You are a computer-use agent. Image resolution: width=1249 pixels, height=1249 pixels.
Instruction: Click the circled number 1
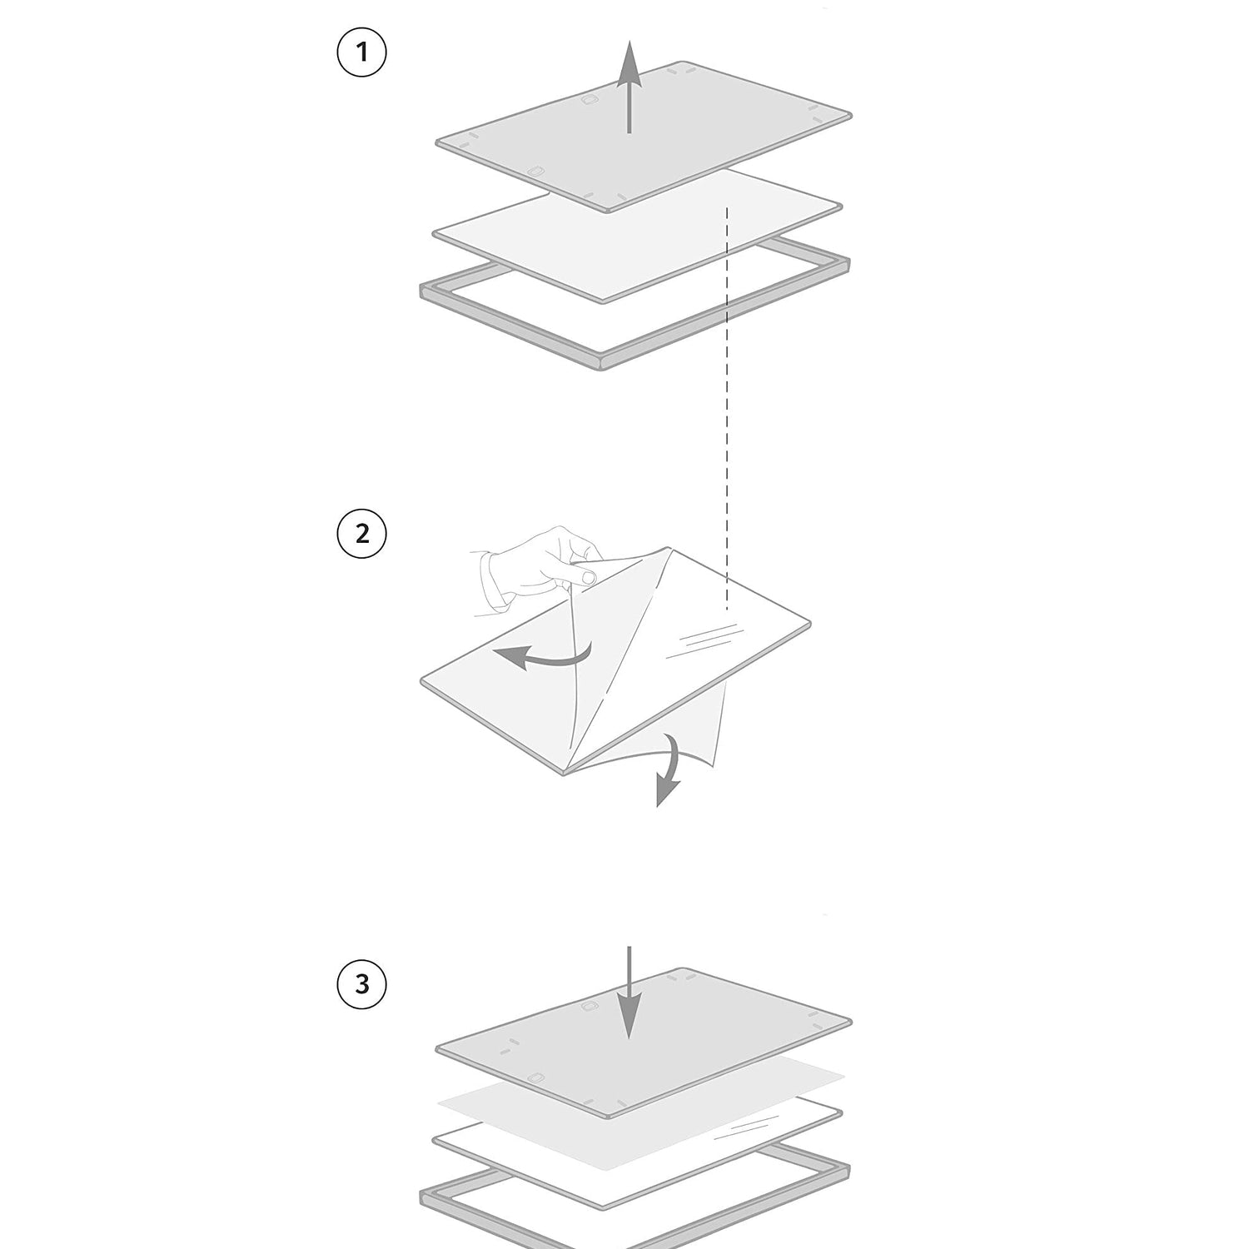[361, 52]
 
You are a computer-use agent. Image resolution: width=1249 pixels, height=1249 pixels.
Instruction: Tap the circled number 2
[361, 533]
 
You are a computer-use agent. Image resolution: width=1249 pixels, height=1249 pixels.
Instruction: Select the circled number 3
[361, 985]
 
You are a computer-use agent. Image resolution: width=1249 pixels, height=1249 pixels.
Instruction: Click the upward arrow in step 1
[629, 87]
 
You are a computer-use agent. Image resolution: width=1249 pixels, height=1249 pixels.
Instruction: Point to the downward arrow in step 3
[629, 993]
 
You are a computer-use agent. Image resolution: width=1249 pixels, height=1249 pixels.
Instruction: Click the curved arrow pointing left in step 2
[541, 658]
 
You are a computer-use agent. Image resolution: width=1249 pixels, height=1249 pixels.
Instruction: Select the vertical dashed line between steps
[728, 408]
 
